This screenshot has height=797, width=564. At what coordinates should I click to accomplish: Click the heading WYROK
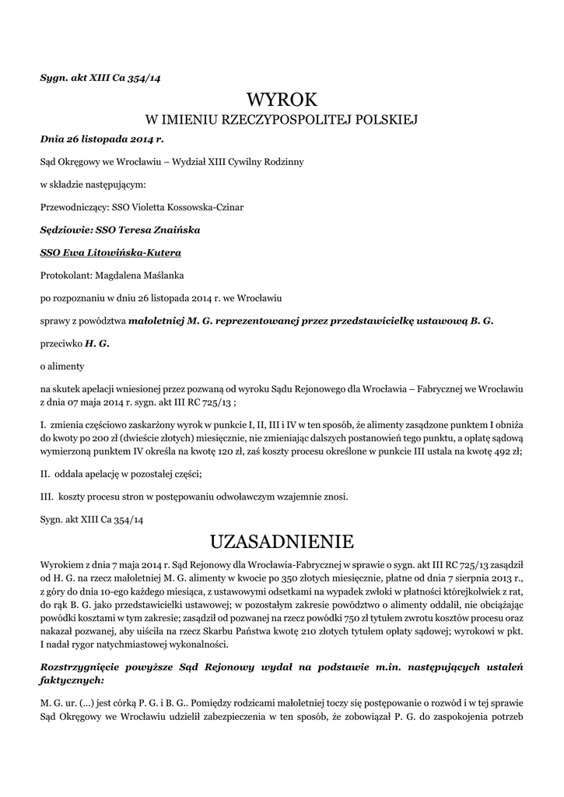[282, 99]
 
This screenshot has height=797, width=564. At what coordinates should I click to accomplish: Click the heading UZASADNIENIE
[282, 540]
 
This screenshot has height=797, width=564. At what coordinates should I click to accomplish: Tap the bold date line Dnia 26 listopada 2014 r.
[102, 140]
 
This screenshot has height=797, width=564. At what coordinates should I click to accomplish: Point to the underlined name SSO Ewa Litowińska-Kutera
[111, 252]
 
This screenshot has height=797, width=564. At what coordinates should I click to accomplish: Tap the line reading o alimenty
[62, 364]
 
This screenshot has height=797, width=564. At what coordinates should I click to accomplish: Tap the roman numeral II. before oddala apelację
[45, 472]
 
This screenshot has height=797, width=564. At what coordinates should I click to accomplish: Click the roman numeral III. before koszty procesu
[47, 495]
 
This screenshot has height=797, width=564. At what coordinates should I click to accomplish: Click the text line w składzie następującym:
[93, 185]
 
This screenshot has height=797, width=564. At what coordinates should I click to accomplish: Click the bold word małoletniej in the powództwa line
[156, 320]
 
